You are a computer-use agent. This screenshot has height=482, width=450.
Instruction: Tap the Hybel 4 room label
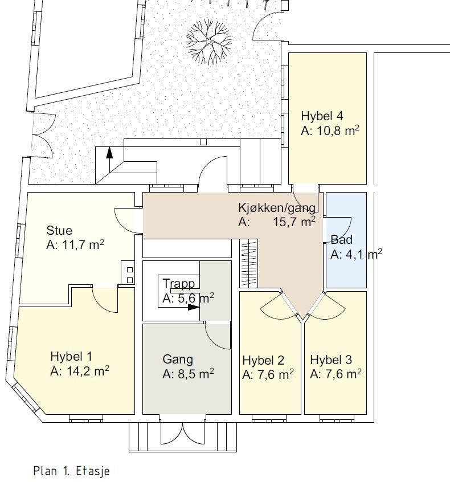(322, 116)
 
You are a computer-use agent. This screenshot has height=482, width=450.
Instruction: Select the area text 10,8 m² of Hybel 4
(330, 130)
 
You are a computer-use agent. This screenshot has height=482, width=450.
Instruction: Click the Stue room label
(59, 231)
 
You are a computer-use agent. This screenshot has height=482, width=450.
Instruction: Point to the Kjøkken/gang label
(277, 208)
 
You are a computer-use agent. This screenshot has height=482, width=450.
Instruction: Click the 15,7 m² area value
(294, 222)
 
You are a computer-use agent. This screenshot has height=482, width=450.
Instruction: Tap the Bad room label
(342, 240)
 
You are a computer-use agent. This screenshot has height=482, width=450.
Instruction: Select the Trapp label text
(179, 284)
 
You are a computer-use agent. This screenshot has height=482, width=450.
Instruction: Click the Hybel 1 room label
(71, 357)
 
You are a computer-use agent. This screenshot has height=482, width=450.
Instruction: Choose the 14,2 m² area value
(80, 371)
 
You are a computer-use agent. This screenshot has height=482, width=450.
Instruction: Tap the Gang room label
(178, 360)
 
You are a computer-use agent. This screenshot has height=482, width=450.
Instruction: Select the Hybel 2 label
(263, 360)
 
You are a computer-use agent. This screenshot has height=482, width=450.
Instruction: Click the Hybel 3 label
(330, 360)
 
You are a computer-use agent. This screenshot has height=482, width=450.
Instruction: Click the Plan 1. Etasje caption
(71, 471)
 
